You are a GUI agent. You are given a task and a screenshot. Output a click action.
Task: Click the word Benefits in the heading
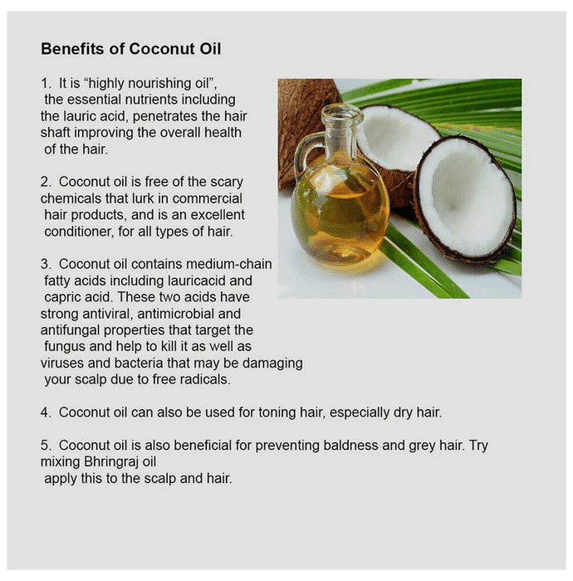point(72,49)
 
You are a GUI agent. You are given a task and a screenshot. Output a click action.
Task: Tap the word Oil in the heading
point(211,49)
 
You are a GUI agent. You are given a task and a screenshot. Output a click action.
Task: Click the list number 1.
point(46,83)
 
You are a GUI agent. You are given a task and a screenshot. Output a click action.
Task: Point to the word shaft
point(56,132)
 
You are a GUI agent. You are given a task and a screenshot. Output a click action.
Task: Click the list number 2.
point(46,182)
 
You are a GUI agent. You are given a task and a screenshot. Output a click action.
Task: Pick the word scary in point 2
point(227,183)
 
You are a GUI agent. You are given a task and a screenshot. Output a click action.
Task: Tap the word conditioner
point(79,232)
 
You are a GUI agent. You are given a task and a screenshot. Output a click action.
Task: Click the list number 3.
point(46,264)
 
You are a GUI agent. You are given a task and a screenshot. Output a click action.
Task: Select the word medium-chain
point(229,264)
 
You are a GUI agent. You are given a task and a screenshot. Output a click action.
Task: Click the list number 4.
point(46,412)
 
